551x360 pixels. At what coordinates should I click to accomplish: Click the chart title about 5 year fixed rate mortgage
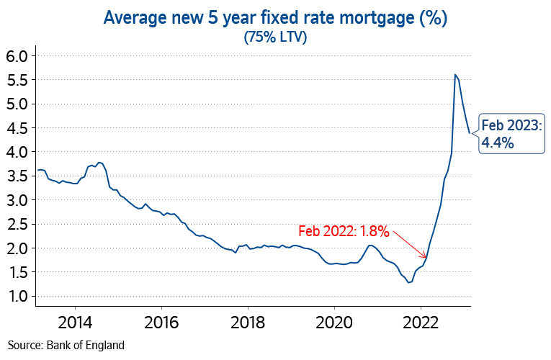[275, 18]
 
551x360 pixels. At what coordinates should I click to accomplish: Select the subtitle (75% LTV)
[275, 37]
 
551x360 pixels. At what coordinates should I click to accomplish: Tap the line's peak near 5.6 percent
[454, 74]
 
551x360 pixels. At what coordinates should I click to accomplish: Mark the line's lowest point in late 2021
[409, 282]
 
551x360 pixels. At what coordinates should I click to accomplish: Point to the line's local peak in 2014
[99, 163]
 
